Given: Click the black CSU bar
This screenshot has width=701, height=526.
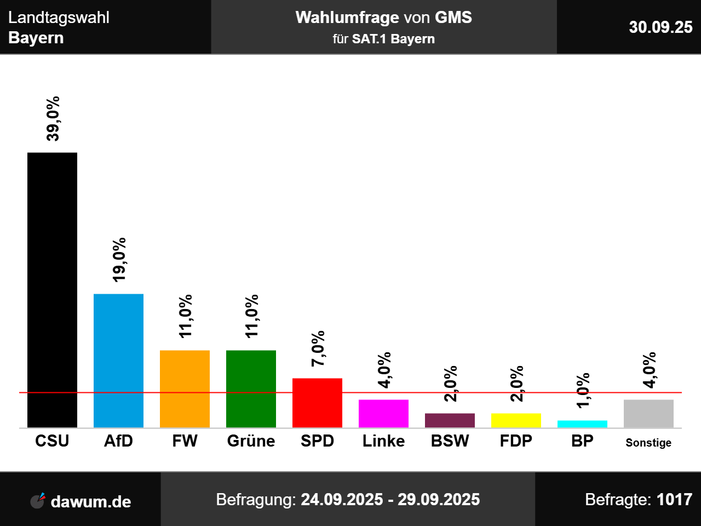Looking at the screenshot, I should tap(52, 290).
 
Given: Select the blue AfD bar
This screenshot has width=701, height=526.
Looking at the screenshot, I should tap(118, 361).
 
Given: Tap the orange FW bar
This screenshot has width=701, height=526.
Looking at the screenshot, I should tap(185, 388).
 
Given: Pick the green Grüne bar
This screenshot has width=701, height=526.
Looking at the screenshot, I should tap(251, 388).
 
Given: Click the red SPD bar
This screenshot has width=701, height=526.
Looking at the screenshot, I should tap(317, 403).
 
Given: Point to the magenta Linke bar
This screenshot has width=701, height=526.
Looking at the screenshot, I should tap(383, 413).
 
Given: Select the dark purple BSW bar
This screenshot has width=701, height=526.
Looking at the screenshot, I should tap(450, 420).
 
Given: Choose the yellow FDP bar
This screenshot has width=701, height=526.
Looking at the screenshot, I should tap(516, 420).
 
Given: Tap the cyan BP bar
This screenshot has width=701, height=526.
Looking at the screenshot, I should tap(582, 424).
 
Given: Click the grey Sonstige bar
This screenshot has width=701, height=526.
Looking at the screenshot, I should tap(648, 413).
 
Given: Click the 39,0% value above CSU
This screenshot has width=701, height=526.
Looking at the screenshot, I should tap(53, 119).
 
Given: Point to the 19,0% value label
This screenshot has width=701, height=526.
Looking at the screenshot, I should tap(119, 260).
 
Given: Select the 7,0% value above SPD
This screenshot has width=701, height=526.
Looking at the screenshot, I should tap(318, 348).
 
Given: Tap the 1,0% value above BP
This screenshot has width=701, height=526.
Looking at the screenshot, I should tap(583, 390).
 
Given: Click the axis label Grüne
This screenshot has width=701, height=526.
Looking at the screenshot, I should tap(251, 441).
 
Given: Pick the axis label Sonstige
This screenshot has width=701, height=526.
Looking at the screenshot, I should tap(648, 443).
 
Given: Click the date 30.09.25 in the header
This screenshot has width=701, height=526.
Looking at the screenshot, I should tap(660, 27).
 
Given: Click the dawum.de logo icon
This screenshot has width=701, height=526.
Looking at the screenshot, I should tap(38, 500).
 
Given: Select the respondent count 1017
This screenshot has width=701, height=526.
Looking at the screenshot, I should tap(674, 500).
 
